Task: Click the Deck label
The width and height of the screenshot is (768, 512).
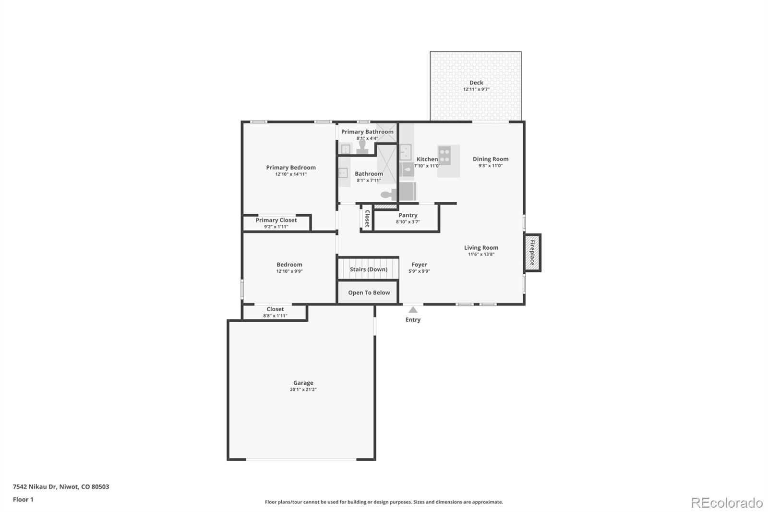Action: click(476, 83)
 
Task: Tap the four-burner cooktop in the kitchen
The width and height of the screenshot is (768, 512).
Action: click(444, 155)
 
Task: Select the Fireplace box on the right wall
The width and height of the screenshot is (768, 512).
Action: click(532, 253)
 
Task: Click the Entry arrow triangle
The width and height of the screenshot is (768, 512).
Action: click(413, 310)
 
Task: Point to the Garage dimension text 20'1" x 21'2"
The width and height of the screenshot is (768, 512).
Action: click(303, 390)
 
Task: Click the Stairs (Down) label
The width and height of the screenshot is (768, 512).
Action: click(368, 269)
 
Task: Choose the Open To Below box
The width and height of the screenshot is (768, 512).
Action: click(369, 293)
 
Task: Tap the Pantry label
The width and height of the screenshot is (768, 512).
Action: click(408, 215)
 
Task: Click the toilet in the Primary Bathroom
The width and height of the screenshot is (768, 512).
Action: click(362, 146)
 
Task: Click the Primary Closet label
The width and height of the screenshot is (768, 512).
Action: click(276, 220)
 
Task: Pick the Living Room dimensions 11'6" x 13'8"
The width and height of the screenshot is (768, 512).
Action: click(481, 255)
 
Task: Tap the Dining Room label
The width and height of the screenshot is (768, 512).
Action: click(490, 159)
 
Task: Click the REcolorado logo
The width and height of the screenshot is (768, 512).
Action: click(726, 502)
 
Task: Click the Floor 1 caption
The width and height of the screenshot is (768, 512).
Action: click(23, 500)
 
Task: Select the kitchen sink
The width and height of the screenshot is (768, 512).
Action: click(406, 152)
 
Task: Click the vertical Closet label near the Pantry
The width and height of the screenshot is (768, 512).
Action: click(367, 219)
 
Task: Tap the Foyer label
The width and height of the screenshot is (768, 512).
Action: click(419, 265)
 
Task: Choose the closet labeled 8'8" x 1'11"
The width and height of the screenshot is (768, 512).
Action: click(275, 312)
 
